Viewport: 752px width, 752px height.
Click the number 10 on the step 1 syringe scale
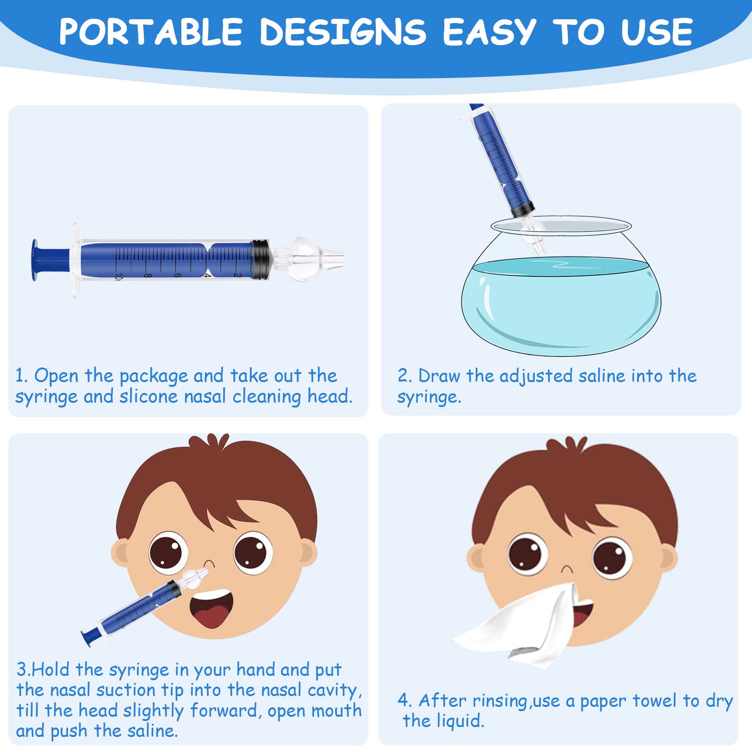pyautogui.click(x=117, y=277)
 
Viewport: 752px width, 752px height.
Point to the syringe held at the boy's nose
pyautogui.click(x=136, y=609)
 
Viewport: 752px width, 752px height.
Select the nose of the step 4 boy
pyautogui.click(x=567, y=570)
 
